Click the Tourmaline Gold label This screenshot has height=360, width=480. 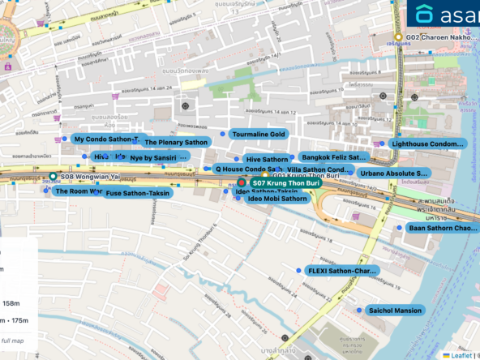pyautogui.click(x=259, y=134)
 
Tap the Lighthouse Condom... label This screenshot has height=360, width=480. pyautogui.click(x=428, y=144)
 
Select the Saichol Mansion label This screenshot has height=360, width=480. pyautogui.click(x=395, y=311)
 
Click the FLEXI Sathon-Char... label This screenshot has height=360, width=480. pyautogui.click(x=342, y=270)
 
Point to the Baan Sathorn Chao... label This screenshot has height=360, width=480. pyautogui.click(x=443, y=229)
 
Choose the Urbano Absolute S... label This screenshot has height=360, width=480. pyautogui.click(x=393, y=173)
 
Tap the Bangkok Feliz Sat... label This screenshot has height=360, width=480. pyautogui.click(x=333, y=156)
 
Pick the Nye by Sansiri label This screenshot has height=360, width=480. pyautogui.click(x=158, y=157)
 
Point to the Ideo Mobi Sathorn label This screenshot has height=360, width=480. pyautogui.click(x=277, y=198)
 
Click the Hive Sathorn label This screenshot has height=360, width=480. pyautogui.click(x=267, y=160)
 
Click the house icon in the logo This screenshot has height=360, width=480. pyautogui.click(x=425, y=15)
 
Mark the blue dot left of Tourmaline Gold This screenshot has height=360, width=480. pyautogui.click(x=222, y=133)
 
